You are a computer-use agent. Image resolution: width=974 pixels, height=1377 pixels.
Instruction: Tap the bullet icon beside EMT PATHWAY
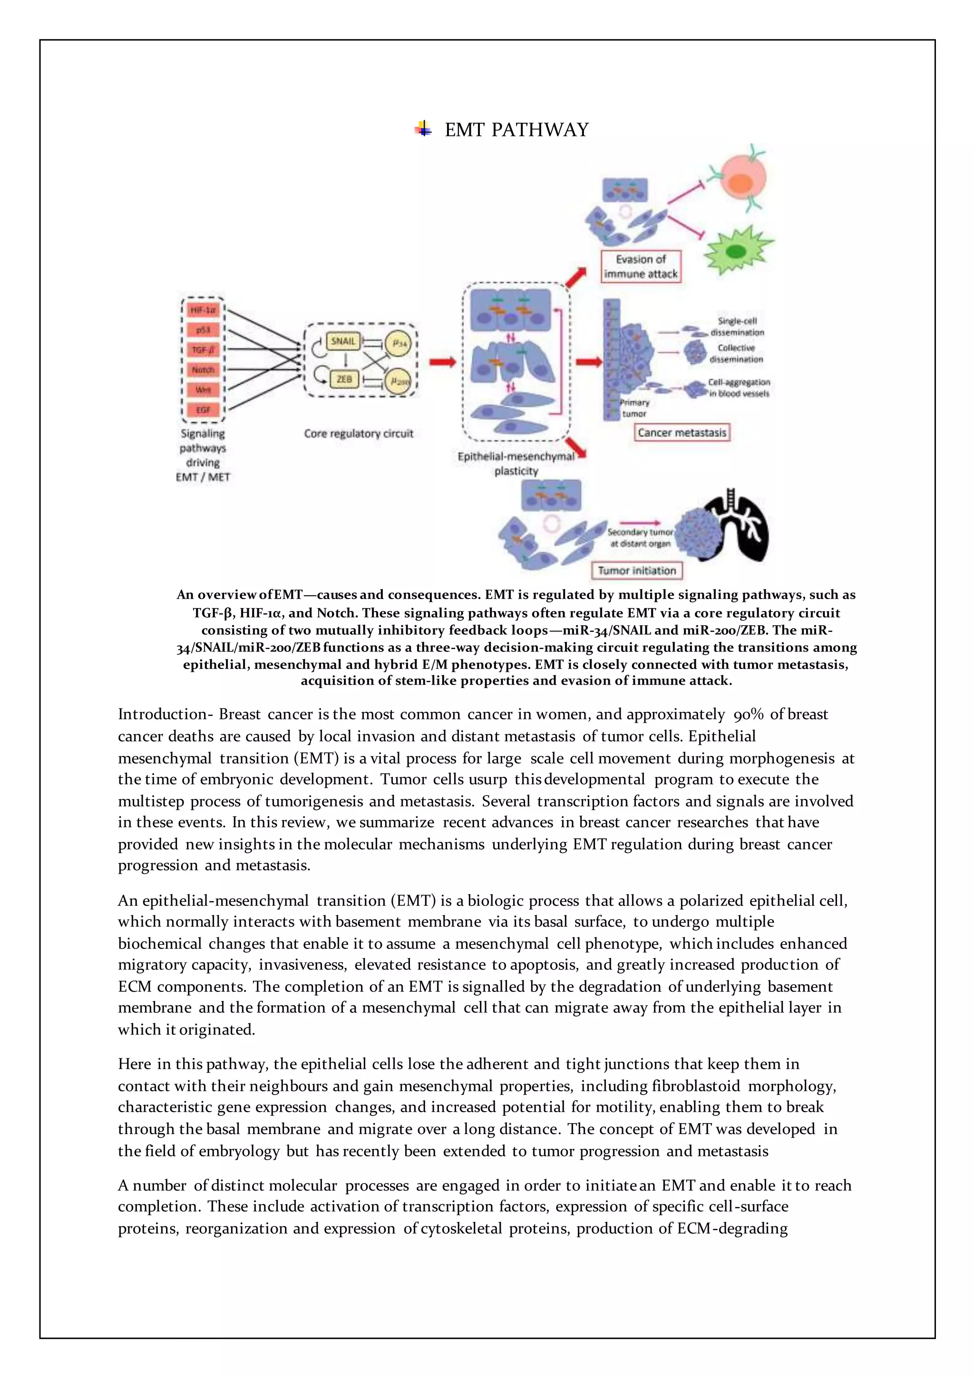tap(423, 129)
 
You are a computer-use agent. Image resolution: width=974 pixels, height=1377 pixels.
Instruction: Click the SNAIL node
tap(343, 341)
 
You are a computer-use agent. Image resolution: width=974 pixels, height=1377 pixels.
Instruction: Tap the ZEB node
tap(344, 379)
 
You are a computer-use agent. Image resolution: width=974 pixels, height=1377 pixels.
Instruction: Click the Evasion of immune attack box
tap(641, 266)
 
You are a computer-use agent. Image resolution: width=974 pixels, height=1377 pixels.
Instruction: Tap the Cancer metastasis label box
tap(682, 432)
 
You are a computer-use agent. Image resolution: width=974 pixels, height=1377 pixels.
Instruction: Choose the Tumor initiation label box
tap(637, 571)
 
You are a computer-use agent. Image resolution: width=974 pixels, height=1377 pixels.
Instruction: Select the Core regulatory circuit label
tap(359, 433)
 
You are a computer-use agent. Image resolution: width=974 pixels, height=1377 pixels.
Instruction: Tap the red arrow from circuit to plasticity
tap(443, 362)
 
